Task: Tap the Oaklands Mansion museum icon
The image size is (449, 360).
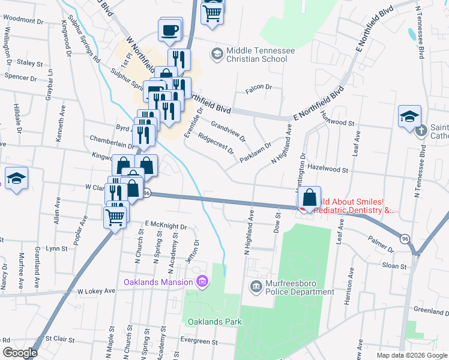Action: point(202,281)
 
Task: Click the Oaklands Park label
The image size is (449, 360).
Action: point(214,322)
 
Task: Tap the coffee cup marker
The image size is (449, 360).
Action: point(170,29)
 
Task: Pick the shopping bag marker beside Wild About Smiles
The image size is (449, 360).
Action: point(309,197)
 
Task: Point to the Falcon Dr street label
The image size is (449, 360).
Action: point(259,88)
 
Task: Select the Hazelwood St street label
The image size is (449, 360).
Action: point(327,170)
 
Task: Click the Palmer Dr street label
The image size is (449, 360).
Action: point(382,247)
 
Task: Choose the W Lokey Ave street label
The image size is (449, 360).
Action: point(96,291)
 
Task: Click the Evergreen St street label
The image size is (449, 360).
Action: point(200,341)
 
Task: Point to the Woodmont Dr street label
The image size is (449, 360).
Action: point(24,20)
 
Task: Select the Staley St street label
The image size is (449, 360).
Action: point(29,62)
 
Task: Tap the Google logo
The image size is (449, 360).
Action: point(20,353)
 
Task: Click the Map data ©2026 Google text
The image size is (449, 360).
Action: point(411,355)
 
